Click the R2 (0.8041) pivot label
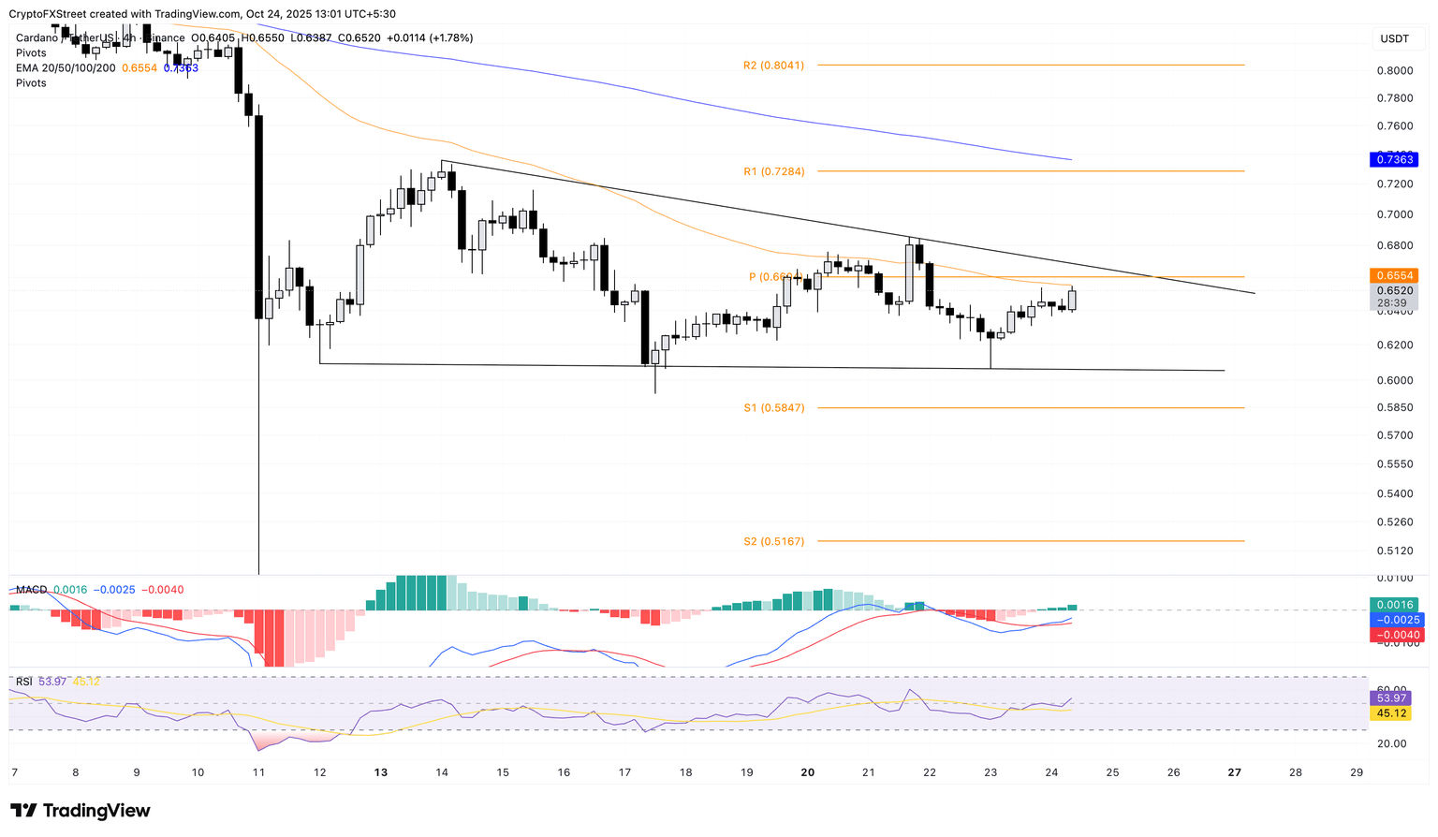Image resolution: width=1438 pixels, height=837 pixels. tap(773, 66)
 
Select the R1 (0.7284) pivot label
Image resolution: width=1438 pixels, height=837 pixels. tap(773, 171)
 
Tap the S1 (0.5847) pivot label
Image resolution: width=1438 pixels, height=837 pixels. tap(773, 408)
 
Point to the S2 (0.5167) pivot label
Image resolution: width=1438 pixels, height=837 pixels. tap(773, 541)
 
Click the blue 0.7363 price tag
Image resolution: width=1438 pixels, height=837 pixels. tap(1394, 160)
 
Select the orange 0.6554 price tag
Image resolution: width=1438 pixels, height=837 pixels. tap(1394, 275)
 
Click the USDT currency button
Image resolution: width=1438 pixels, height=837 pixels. tap(1394, 38)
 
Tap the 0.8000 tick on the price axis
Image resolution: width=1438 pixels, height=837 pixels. tap(1394, 70)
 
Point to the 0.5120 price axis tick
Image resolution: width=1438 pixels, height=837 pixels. tap(1394, 551)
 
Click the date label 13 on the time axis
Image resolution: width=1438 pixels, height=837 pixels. tap(380, 772)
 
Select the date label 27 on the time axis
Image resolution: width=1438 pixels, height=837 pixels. tap(1234, 772)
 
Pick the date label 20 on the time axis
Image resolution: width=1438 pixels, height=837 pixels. tap(808, 772)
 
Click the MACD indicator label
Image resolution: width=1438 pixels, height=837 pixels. tap(31, 590)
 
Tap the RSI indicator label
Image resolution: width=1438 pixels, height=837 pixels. tap(25, 682)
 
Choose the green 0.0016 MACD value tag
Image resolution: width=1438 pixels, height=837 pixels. tap(1394, 605)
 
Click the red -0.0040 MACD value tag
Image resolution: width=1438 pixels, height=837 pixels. tap(1394, 635)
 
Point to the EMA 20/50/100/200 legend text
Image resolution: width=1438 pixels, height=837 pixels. tap(66, 68)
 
